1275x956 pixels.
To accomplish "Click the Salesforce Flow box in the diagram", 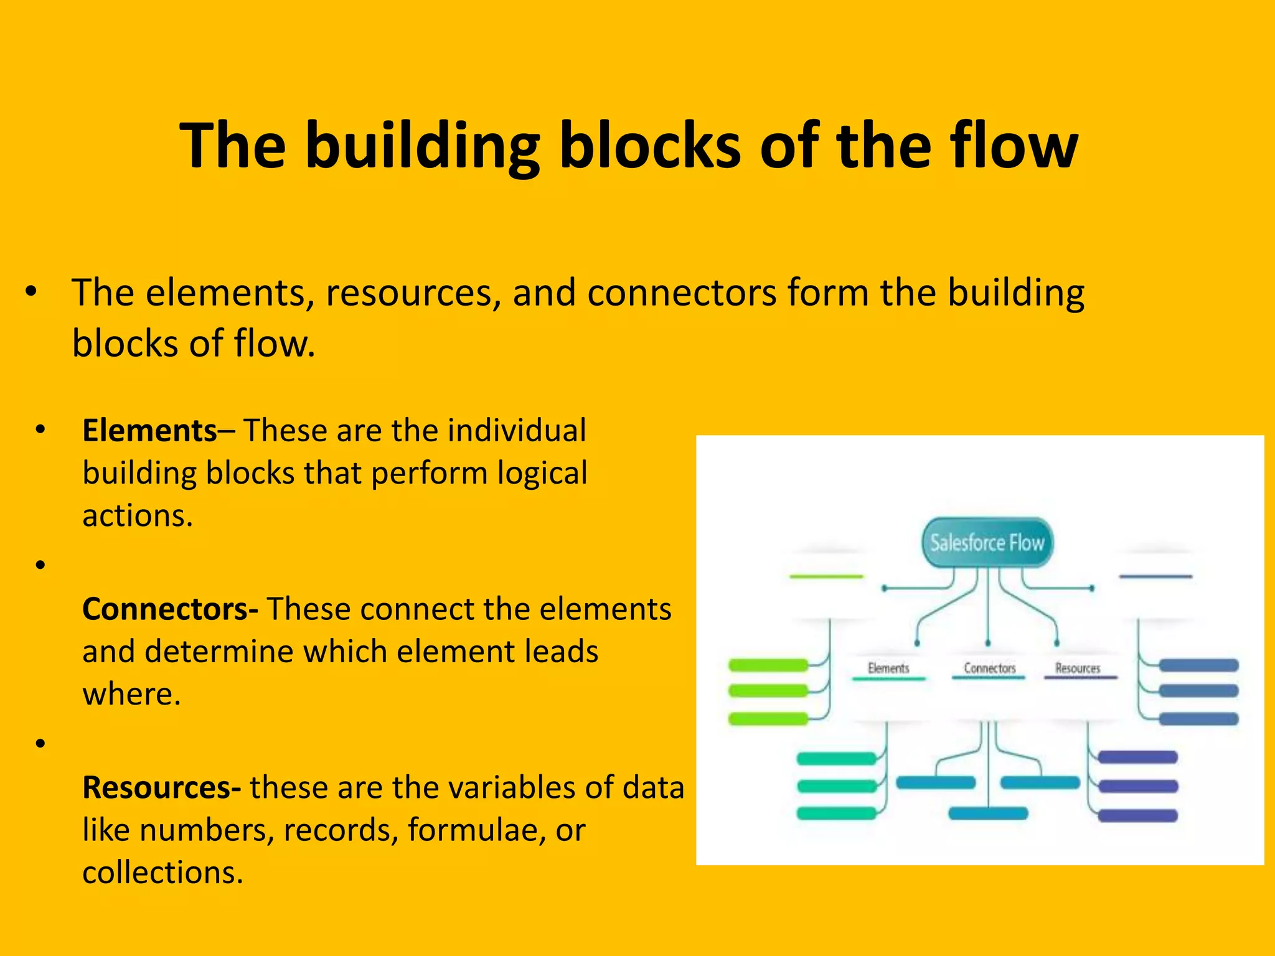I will (987, 543).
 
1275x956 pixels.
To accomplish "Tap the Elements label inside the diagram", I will (888, 668).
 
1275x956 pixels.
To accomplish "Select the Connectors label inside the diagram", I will (989, 668).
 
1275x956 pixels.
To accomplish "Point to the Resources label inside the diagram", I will (1078, 668).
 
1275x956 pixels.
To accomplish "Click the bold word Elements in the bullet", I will (149, 431).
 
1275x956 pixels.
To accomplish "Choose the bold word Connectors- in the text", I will (170, 609).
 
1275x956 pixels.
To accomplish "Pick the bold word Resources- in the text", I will (161, 788).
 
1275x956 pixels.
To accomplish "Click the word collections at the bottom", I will (162, 873).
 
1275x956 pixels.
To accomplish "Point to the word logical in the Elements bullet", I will (542, 474).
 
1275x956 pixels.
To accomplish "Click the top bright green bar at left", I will (768, 665).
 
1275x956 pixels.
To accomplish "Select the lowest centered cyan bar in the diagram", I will (988, 813).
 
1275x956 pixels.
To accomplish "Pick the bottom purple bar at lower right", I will (1137, 815).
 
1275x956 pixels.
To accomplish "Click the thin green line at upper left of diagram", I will (826, 577).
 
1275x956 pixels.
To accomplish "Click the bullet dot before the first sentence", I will (32, 291).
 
